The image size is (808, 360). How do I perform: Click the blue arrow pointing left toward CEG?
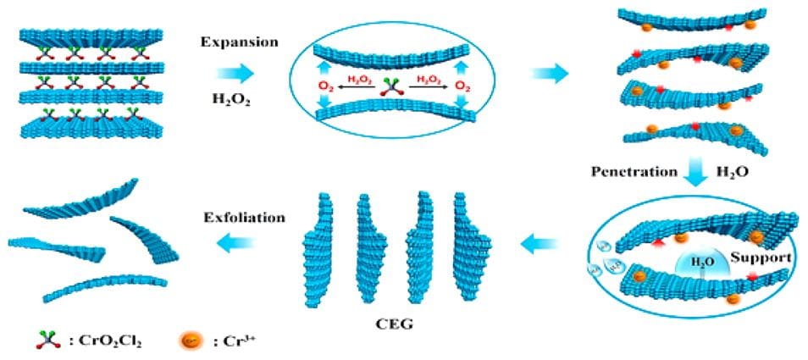(x=538, y=246)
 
